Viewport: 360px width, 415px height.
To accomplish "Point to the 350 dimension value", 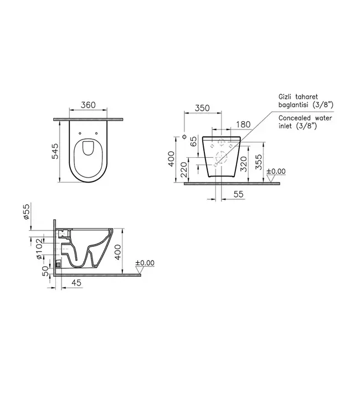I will click(x=202, y=108).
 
